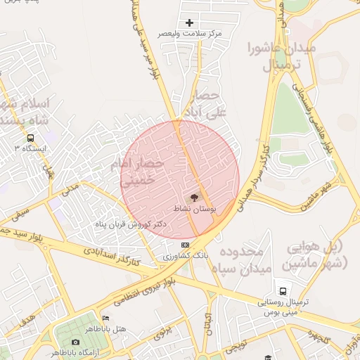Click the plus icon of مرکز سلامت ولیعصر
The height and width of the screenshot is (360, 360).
tap(189, 23)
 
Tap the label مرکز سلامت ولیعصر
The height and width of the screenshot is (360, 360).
tap(189, 33)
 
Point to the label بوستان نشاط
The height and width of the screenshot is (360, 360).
tap(195, 209)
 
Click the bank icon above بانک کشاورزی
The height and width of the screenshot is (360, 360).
tap(185, 245)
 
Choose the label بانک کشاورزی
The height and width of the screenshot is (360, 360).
tap(185, 256)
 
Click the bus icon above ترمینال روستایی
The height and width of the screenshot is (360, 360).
tap(283, 290)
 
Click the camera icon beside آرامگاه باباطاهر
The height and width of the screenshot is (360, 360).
tap(75, 342)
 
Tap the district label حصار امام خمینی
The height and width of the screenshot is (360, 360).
tap(141, 172)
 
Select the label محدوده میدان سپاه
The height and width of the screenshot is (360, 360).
tap(242, 259)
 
